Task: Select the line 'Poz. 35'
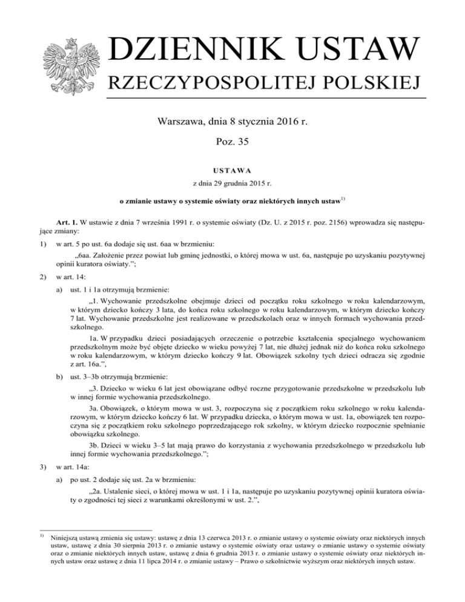point(232,141)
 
